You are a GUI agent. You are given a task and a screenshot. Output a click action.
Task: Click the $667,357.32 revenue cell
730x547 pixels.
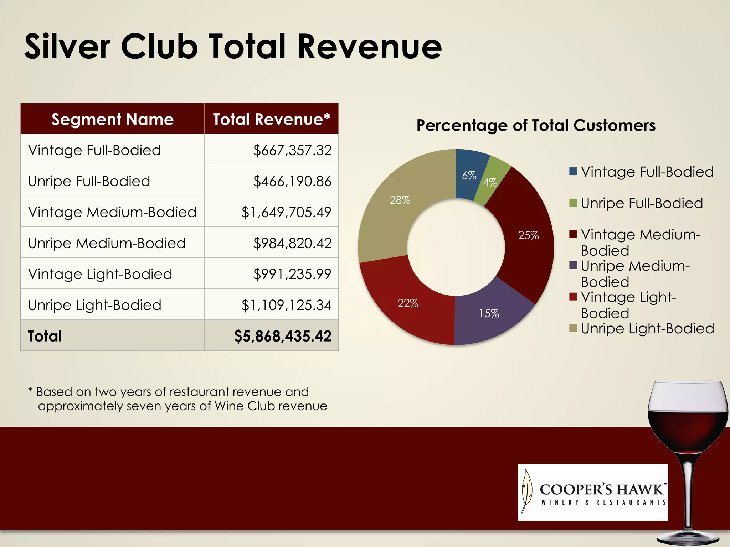[292, 150]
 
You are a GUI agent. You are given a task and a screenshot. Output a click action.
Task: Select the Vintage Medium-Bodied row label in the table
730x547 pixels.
[112, 212]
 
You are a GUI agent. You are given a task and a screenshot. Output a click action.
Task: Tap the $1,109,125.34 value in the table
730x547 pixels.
[286, 305]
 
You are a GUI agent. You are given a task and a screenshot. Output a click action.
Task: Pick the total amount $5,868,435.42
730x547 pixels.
[283, 336]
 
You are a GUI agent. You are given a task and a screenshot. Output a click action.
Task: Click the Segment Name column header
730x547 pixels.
[112, 119]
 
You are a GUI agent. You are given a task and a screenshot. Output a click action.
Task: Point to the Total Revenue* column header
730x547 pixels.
[271, 119]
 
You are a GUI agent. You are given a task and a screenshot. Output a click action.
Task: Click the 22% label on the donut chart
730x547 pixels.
[408, 303]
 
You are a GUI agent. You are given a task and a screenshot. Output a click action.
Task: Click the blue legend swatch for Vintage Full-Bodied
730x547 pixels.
[573, 172]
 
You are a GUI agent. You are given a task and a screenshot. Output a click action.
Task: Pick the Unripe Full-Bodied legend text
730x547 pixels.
[642, 203]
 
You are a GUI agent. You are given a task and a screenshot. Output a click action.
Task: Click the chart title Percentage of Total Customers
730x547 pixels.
[536, 126]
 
